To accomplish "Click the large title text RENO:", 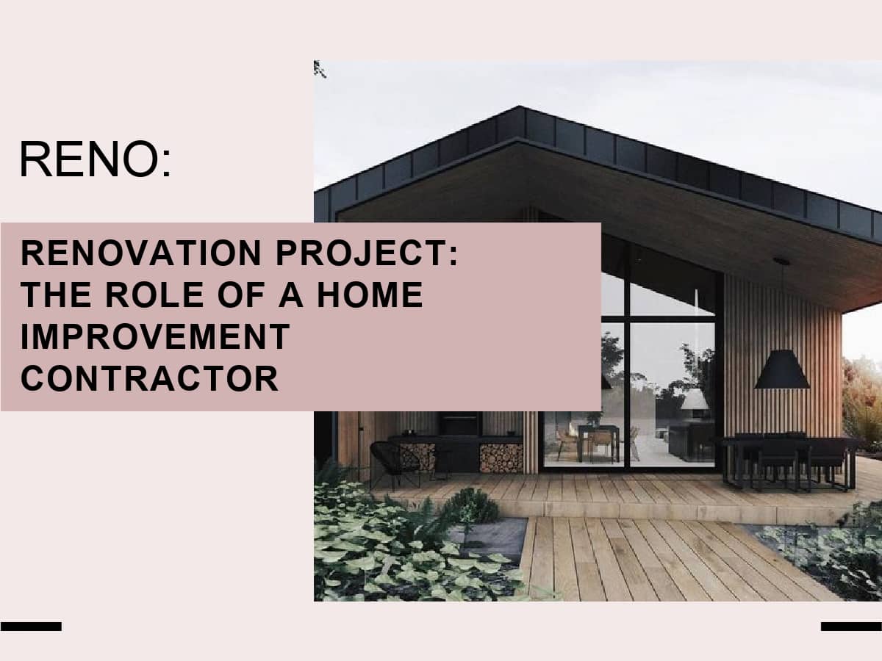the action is pyautogui.click(x=96, y=159).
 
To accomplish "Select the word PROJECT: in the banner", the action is pyautogui.click(x=367, y=253).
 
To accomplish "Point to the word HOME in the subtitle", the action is pyautogui.click(x=370, y=295).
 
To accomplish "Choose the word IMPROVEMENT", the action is pyautogui.click(x=156, y=336).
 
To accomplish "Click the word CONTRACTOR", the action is pyautogui.click(x=149, y=378).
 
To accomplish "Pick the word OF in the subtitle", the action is pyautogui.click(x=241, y=295).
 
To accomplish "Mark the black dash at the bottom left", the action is pyautogui.click(x=32, y=626).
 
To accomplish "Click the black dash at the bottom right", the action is pyautogui.click(x=851, y=626).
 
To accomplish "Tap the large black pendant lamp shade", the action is pyautogui.click(x=782, y=369).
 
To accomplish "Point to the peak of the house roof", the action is pyautogui.click(x=519, y=106).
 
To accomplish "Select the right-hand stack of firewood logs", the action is pyautogui.click(x=501, y=458).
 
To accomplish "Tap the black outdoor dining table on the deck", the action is pyautogui.click(x=788, y=461).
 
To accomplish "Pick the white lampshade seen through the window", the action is pyautogui.click(x=695, y=400).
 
